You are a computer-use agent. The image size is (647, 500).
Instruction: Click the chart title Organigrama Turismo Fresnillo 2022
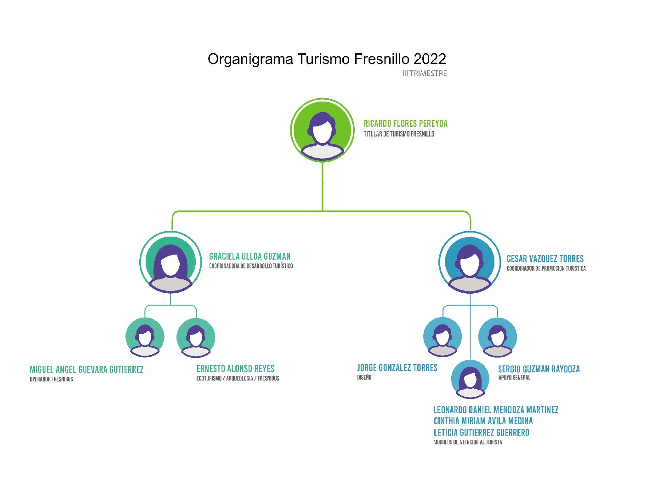327,59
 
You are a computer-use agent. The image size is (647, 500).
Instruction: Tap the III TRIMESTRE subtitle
425,74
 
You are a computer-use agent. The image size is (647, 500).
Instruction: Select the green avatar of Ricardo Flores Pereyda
322,130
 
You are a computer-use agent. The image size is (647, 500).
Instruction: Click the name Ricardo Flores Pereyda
406,124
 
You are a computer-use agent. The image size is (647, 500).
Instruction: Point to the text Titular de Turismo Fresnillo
399,134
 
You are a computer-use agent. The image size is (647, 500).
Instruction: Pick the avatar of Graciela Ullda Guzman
170,262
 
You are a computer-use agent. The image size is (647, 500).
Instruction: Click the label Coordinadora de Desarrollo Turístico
251,266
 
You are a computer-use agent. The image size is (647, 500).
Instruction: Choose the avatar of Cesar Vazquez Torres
470,262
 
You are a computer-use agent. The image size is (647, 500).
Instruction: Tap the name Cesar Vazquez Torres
545,258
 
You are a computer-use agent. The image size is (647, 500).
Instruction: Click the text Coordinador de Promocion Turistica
546,268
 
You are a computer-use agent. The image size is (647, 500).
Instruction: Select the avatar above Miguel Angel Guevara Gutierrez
145,337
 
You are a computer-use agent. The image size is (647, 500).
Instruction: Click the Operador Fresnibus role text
51,379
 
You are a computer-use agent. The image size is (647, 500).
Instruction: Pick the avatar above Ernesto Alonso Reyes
196,337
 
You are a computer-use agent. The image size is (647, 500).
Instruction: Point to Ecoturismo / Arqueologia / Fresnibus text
238,378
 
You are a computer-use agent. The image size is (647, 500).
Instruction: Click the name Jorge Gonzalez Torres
397,368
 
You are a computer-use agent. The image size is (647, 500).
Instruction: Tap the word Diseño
364,377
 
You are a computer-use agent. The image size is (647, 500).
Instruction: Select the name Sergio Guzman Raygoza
539,369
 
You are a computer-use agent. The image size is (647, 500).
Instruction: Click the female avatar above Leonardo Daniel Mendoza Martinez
470,379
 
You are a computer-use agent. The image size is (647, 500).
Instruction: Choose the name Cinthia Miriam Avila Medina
483,421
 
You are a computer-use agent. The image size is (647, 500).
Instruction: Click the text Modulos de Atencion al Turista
467,442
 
